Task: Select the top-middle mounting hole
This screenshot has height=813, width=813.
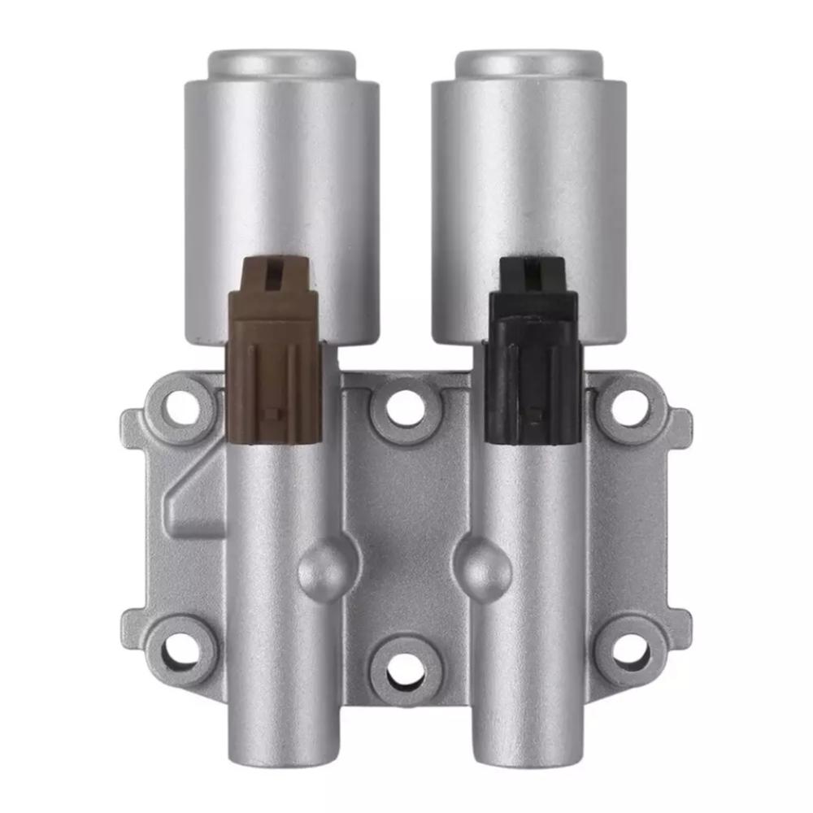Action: pos(404,407)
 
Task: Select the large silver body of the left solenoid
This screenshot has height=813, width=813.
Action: pos(281,179)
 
